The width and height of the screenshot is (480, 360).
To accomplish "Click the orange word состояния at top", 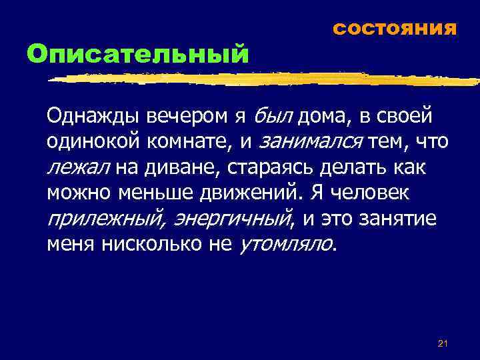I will click(x=394, y=29).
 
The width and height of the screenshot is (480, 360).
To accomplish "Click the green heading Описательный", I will click(x=137, y=53).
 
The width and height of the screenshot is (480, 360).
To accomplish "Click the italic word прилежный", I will click(x=100, y=217).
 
